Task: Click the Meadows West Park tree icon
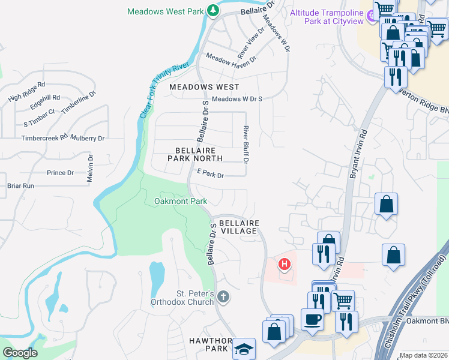212,11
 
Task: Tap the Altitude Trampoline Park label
327,17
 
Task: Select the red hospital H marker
285,263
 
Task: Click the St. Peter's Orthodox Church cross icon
223,296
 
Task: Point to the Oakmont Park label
181,201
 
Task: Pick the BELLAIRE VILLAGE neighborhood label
239,226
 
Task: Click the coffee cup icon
312,319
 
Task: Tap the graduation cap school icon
244,349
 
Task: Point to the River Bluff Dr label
246,145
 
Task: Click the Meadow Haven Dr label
231,58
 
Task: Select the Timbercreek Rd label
45,138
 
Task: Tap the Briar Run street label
20,186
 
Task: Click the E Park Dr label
210,175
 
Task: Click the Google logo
20,353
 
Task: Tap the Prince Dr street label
60,173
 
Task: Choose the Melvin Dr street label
91,170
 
